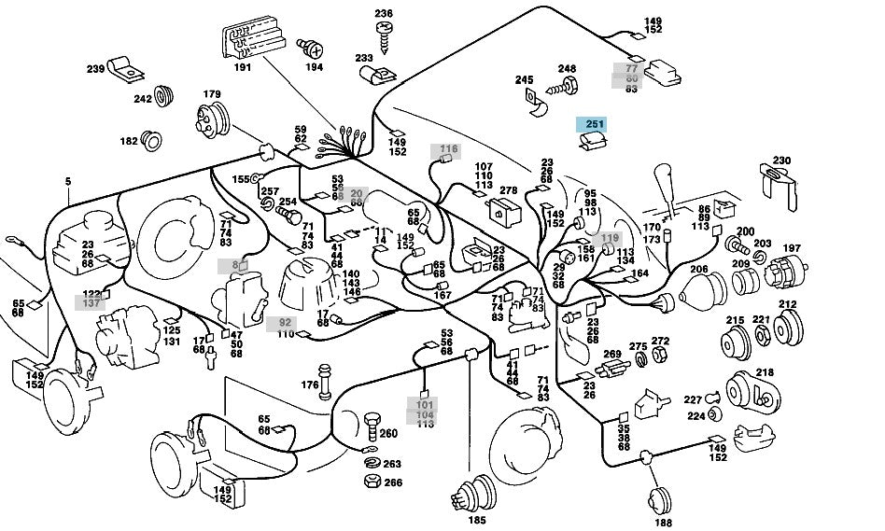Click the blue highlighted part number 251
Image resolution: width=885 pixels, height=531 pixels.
coord(595,124)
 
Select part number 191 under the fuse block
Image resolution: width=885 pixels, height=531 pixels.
coord(243,68)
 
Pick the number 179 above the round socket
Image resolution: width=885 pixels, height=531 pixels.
coord(212,93)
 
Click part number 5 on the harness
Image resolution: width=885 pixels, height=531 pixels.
coord(67,180)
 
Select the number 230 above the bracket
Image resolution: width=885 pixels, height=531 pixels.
coord(781,161)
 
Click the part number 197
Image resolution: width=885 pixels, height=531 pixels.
coord(792,248)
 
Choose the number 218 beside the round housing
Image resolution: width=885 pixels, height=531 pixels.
coord(765,373)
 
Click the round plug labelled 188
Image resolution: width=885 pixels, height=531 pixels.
coord(662,498)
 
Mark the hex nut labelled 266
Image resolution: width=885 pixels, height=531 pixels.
coord(371,482)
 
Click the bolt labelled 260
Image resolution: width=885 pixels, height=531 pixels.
coord(372,426)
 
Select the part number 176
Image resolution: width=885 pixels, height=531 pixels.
coord(309,384)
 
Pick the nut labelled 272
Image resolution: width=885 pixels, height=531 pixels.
coord(659,356)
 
